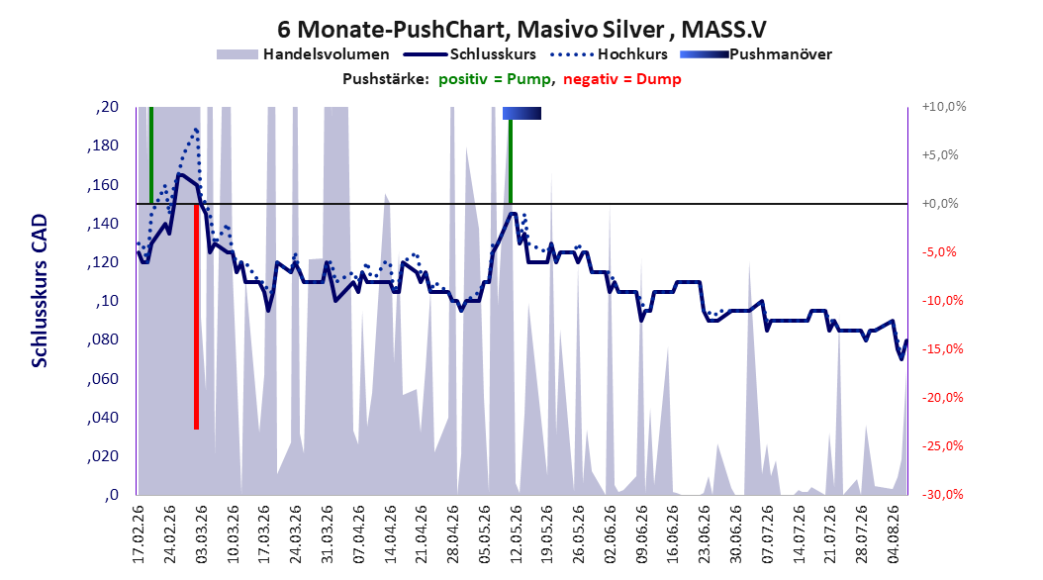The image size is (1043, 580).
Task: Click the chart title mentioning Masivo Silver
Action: [x=521, y=30]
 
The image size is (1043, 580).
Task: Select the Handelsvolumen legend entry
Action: [x=303, y=54]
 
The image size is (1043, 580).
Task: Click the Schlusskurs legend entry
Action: [x=470, y=54]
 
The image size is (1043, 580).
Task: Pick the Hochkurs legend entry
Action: [x=609, y=54]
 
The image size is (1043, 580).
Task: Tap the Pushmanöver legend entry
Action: [x=756, y=54]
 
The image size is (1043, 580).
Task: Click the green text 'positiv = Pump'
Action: [x=495, y=79]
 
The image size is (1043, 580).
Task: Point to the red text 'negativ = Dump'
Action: [x=622, y=79]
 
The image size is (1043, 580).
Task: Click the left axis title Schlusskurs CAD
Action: [x=40, y=291]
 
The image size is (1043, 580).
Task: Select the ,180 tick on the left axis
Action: [x=103, y=145]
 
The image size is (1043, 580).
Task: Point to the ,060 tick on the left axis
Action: [x=103, y=378]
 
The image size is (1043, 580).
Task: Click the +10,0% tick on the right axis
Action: [x=944, y=107]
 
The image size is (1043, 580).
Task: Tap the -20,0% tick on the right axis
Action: [x=944, y=398]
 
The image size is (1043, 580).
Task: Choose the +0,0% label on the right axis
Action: [x=940, y=204]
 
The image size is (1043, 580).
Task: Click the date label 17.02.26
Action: [x=139, y=534]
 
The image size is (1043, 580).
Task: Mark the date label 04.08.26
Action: [x=894, y=534]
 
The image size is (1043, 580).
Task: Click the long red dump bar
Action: [x=196, y=317]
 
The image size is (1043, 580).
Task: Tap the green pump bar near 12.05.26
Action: [x=511, y=161]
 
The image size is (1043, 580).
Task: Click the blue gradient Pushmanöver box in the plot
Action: [x=521, y=113]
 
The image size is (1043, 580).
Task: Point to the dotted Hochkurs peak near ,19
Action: [x=196, y=129]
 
